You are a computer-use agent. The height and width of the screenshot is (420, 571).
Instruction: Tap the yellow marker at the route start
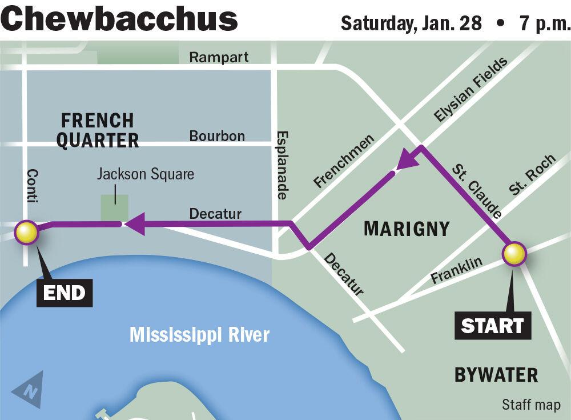click(513, 254)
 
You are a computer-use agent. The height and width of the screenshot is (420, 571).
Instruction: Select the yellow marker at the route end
click(26, 233)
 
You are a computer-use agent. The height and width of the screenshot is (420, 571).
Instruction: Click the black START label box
click(492, 326)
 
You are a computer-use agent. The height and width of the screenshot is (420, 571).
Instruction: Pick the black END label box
click(65, 293)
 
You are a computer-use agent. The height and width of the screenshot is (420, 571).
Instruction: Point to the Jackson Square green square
click(114, 207)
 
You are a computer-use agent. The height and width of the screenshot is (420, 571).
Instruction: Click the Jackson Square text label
click(145, 174)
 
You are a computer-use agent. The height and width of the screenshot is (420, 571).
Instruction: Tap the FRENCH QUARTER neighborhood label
click(97, 130)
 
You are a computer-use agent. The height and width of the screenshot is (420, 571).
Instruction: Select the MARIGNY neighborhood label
click(407, 229)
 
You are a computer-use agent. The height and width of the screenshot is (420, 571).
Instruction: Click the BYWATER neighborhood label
click(496, 375)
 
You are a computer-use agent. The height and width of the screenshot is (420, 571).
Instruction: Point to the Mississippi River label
click(199, 334)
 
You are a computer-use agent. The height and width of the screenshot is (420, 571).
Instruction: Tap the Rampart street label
click(219, 57)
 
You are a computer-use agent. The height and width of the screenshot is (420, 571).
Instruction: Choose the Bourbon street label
click(217, 136)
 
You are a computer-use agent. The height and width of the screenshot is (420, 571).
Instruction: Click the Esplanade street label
click(282, 165)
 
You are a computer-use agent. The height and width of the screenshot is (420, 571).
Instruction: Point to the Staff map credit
click(530, 405)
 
